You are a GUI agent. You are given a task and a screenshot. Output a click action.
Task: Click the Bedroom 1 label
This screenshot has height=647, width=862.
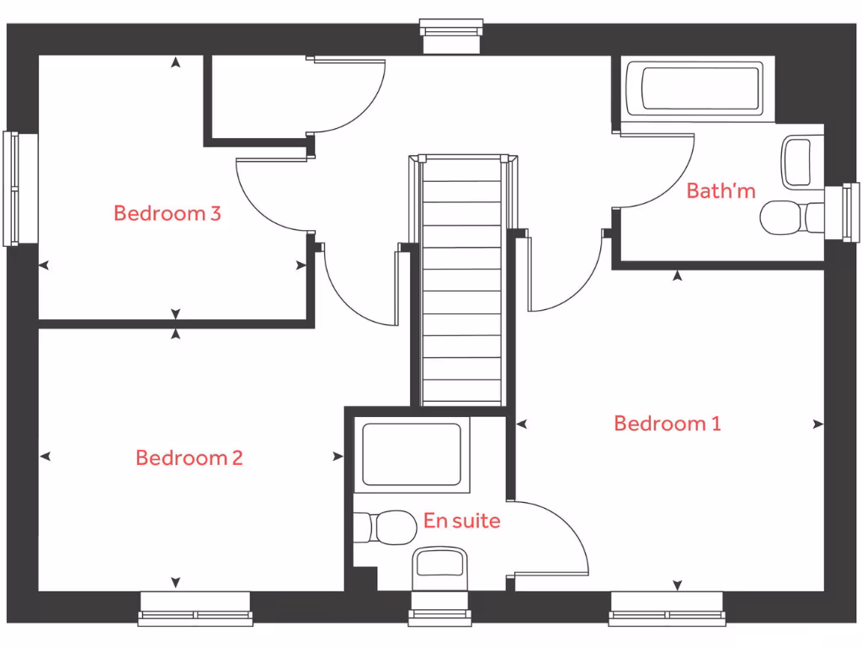point(667,423)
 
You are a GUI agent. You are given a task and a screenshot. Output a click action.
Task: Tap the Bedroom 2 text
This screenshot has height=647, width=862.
point(189,457)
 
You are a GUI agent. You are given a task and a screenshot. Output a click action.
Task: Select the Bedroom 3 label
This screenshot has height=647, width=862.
point(167,213)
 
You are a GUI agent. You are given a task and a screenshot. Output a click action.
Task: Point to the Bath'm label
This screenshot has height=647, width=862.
point(721,191)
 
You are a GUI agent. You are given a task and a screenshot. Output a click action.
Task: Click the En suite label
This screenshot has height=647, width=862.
point(461,521)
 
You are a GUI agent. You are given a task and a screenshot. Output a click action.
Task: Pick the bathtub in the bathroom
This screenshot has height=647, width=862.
point(700,88)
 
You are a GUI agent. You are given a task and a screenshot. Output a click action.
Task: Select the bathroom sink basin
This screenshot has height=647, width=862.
point(796,162)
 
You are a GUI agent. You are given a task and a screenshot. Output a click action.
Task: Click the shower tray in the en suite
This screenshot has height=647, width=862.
point(411,455)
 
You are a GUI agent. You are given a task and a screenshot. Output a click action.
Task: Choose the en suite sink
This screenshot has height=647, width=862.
point(439,564)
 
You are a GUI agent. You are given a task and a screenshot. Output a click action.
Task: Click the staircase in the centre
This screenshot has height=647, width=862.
point(461,282)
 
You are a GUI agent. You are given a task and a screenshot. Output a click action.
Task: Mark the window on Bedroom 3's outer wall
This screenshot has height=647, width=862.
point(12,189)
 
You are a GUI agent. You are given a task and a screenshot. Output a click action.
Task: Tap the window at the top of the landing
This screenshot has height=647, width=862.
point(453,35)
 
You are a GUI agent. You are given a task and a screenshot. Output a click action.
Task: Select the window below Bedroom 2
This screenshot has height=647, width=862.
point(195,608)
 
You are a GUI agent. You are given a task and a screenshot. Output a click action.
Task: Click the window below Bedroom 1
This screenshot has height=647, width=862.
point(666,608)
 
